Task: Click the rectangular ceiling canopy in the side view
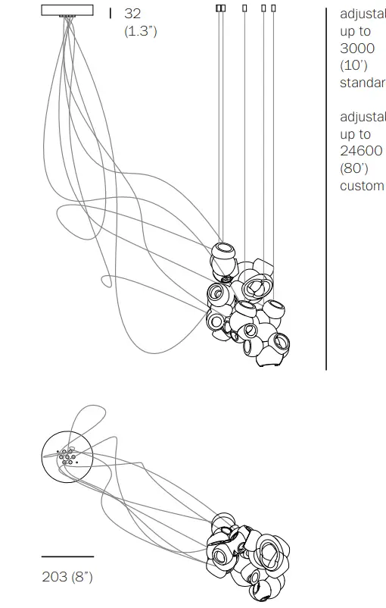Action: [x=67, y=9]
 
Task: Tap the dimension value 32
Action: [x=132, y=14]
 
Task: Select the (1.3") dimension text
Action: [x=141, y=31]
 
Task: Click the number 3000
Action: [x=357, y=48]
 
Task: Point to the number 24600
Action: [x=362, y=151]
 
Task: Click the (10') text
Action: [x=354, y=65]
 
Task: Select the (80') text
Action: [x=354, y=168]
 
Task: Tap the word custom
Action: [x=363, y=186]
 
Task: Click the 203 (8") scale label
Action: [x=67, y=577]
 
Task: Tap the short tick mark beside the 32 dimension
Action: [x=111, y=13]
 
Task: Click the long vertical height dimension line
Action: [x=326, y=190]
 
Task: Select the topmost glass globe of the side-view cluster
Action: [x=224, y=254]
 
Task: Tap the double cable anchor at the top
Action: [x=220, y=8]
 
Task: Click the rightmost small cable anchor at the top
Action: [x=273, y=8]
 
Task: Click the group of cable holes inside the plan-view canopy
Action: [x=67, y=456]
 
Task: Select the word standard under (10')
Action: [x=363, y=82]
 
